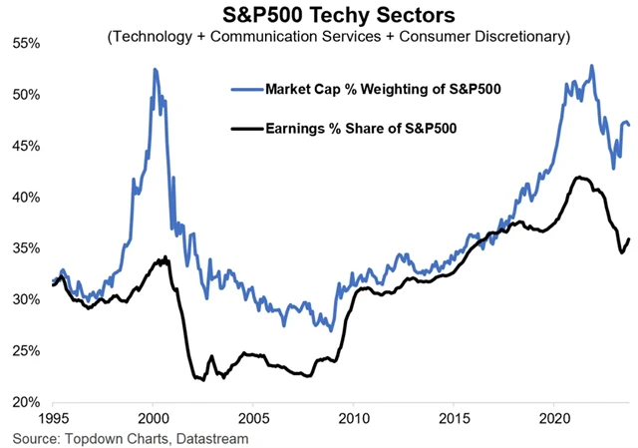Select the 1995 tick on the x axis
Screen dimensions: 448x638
coord(54,420)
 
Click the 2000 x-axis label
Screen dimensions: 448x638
coord(154,420)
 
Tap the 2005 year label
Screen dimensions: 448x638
coord(254,420)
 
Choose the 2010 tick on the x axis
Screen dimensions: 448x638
coord(354,420)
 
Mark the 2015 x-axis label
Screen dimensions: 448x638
coord(455,420)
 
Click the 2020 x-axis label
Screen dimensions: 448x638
coord(554,420)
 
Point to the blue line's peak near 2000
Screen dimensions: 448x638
coord(155,69)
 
